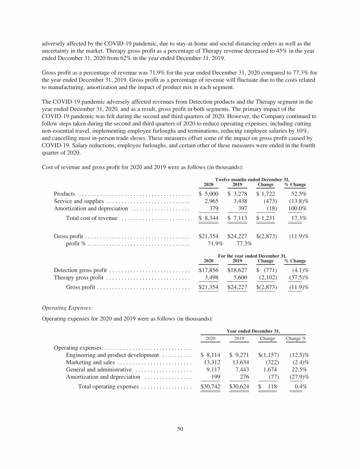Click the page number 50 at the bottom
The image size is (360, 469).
[x=180, y=428]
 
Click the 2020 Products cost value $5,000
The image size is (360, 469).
[x=209, y=194]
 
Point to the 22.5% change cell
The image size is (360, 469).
[x=298, y=370]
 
